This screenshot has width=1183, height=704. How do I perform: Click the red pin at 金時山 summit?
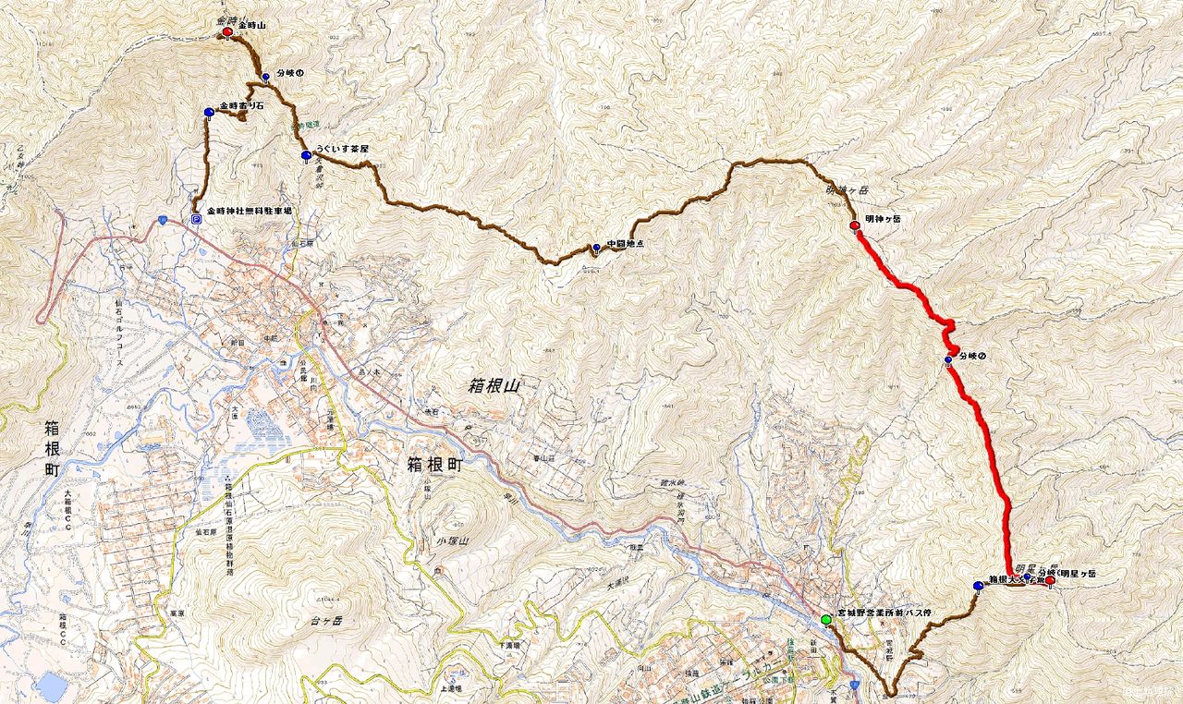tap(227, 32)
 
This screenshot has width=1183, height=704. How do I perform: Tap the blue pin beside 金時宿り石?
tap(210, 113)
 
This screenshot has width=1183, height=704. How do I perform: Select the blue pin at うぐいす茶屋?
tap(306, 155)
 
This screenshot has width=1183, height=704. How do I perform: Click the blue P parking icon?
tap(196, 219)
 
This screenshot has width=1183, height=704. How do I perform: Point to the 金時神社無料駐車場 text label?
tap(250, 212)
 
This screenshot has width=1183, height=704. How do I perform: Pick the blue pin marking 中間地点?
tap(596, 248)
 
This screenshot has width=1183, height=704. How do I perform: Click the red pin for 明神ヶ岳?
tap(855, 225)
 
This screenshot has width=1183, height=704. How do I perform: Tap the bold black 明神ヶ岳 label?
tap(883, 219)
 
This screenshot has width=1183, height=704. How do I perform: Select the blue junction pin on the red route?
tap(948, 360)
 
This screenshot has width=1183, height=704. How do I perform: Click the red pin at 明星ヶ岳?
tap(1050, 580)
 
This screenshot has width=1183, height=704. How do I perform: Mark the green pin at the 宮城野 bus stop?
tap(825, 619)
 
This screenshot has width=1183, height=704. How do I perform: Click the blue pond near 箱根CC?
tap(51, 686)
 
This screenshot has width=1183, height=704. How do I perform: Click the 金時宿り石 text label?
tap(242, 107)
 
